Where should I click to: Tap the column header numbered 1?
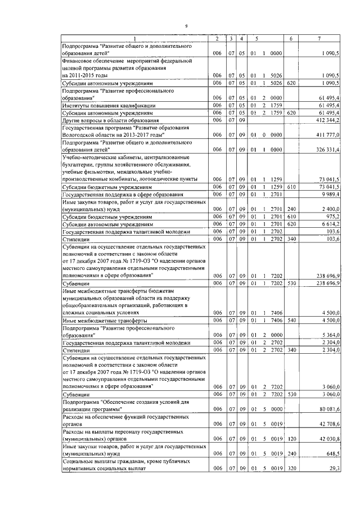pos(134,38)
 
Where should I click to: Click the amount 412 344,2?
pos(327,120)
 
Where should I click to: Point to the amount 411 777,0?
pos(327,135)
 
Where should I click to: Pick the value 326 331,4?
pos(327,150)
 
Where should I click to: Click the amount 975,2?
pos(332,215)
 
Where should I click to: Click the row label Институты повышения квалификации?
pos(100,105)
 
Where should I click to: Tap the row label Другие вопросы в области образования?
pos(104,120)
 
